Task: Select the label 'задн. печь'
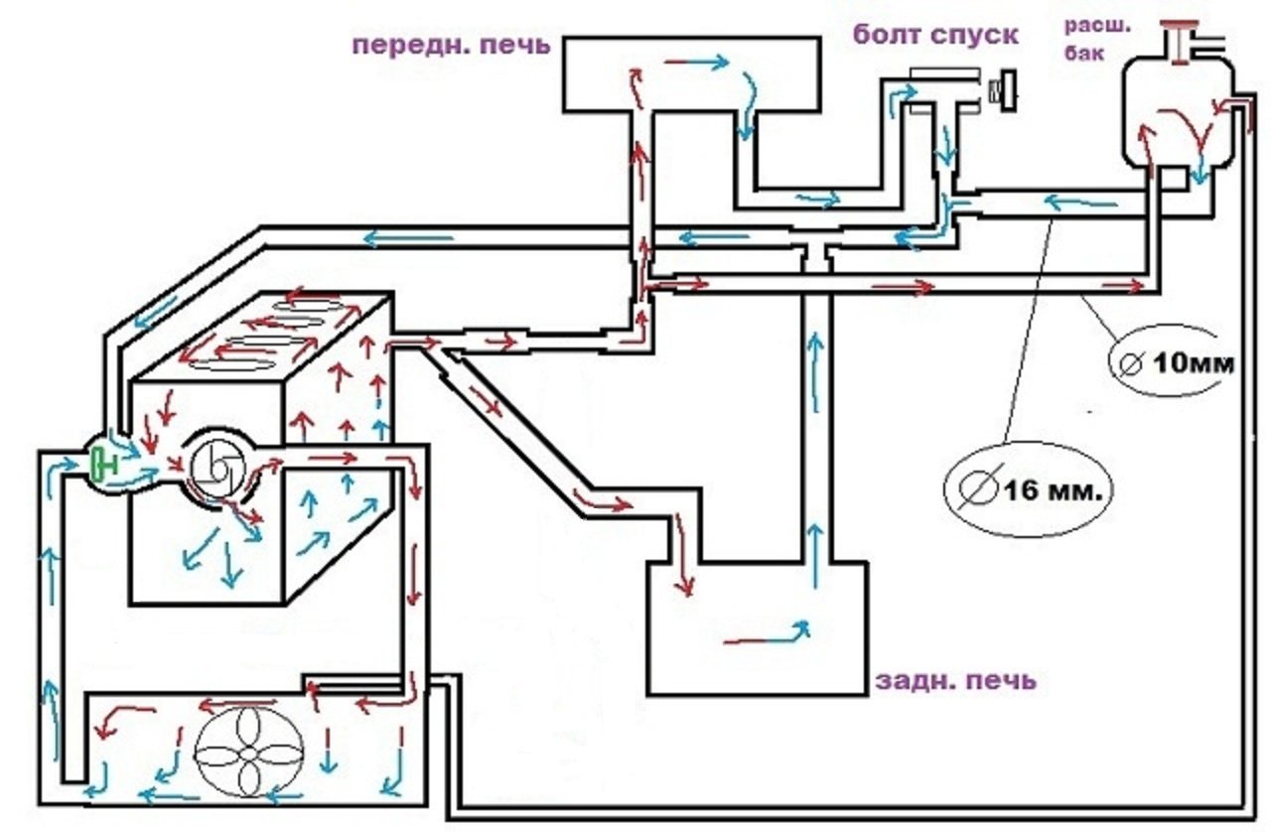tap(955, 680)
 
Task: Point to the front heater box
tap(691, 74)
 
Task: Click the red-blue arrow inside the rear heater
tap(768, 633)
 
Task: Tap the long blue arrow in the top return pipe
tap(408, 237)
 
